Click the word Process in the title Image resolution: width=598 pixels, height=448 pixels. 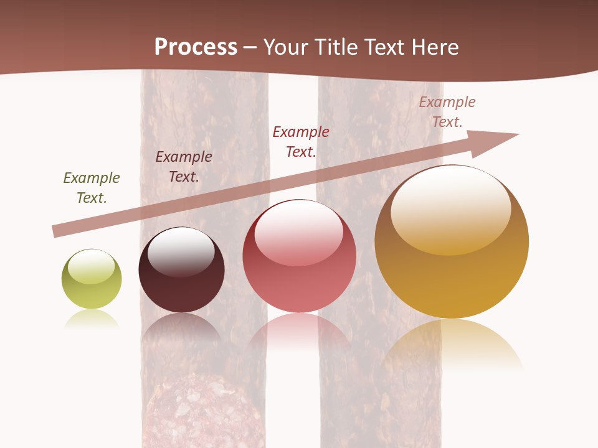196,47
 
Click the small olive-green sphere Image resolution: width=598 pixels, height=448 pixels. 92,279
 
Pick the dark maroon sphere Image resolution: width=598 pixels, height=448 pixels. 181,270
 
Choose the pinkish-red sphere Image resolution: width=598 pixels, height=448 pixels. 299,256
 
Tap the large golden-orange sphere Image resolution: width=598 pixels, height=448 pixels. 452,242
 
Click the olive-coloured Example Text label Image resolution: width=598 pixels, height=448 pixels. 92,188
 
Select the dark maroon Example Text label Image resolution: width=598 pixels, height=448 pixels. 184,167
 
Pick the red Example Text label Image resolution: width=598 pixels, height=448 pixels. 301,142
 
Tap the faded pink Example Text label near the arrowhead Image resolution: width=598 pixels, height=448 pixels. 447,112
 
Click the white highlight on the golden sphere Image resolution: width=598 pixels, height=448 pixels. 450,209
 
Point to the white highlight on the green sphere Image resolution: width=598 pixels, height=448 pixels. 91,266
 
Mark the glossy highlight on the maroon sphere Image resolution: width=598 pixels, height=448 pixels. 181,250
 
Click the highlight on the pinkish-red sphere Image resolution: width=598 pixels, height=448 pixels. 298,232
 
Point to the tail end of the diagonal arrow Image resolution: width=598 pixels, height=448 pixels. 55,231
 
